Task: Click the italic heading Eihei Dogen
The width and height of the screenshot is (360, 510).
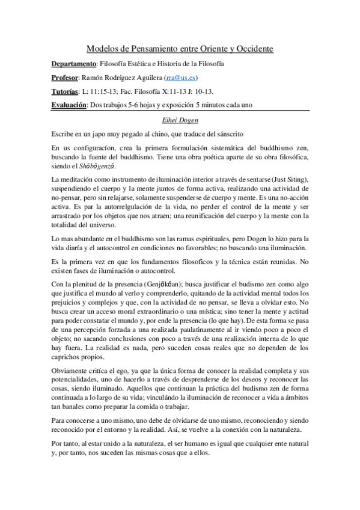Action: pos(180,119)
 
